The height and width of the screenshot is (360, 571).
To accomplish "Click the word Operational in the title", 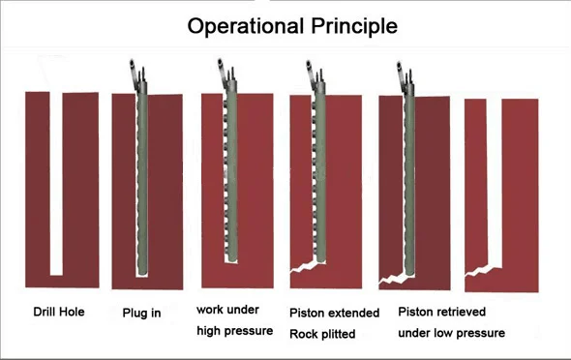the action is [x=246, y=26].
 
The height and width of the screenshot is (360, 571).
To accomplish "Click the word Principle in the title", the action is [x=354, y=26].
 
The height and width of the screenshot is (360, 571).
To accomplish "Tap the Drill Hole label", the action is [x=59, y=312].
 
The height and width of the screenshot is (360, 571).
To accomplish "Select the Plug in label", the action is [x=141, y=313].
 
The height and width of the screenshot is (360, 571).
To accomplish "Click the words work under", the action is [x=228, y=310].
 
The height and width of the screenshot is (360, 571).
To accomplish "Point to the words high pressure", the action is [x=235, y=331].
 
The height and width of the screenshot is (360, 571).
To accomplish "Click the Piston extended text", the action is [x=334, y=313].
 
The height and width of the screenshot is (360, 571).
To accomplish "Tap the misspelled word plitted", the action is [x=339, y=334].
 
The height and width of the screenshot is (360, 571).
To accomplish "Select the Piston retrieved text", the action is [x=441, y=312].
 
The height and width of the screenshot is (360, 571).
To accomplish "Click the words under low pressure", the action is [x=452, y=333].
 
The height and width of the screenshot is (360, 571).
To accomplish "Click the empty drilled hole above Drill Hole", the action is [x=56, y=184].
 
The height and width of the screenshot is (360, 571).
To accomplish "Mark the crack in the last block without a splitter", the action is [x=478, y=271].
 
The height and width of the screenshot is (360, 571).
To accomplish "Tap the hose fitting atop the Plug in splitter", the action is [x=137, y=75].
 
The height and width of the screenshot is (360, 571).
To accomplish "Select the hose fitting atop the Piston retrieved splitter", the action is [x=405, y=77].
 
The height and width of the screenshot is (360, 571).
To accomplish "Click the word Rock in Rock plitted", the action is [x=304, y=334].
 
